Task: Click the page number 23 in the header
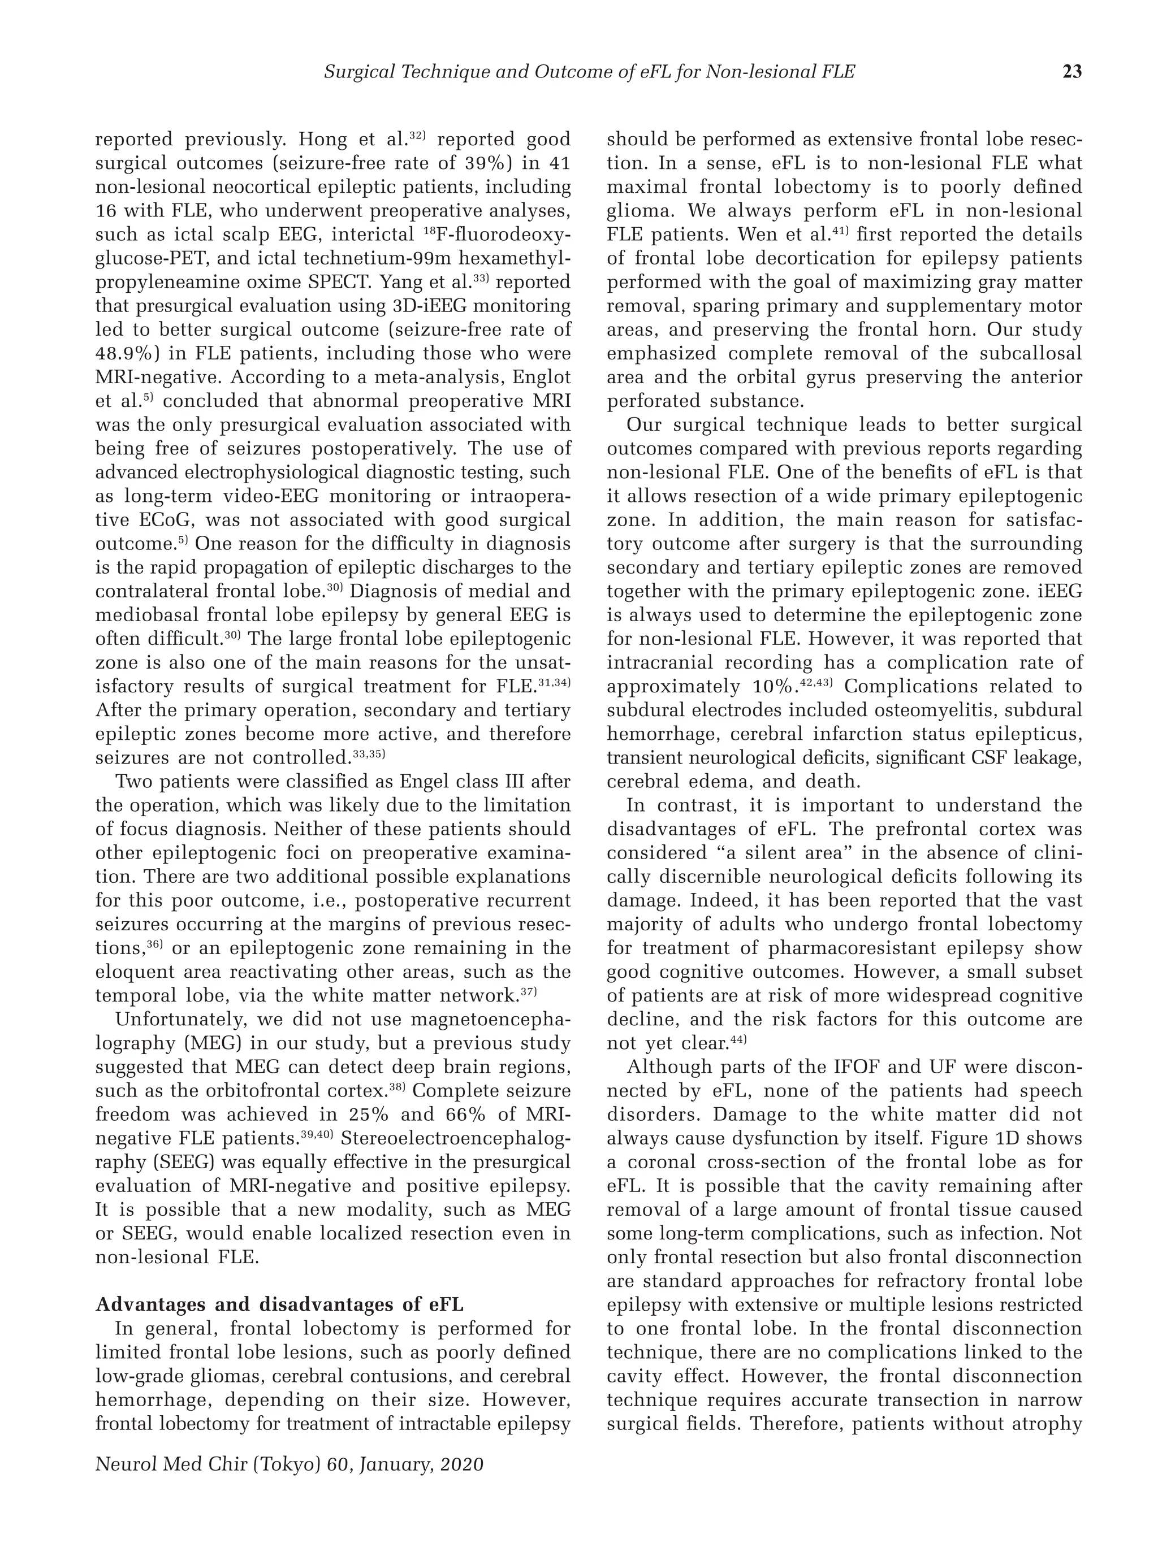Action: (1072, 71)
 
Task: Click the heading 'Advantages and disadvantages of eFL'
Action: (279, 1304)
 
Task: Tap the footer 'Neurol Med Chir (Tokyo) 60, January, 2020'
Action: (289, 1464)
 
